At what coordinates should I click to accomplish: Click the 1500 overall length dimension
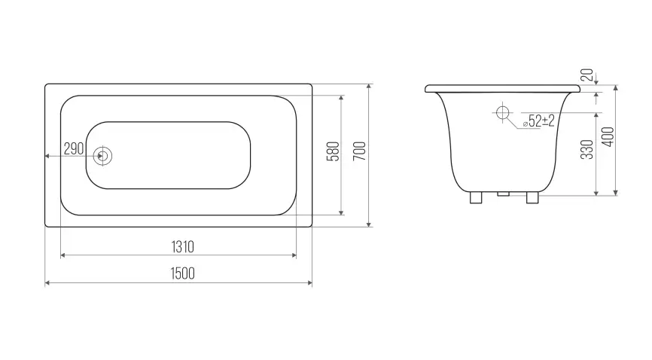[182, 273]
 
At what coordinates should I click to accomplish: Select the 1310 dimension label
[182, 247]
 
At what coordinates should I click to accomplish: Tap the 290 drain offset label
[74, 148]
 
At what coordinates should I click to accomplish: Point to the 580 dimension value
[333, 151]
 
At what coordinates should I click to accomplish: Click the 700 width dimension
[360, 151]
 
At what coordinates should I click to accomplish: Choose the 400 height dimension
[608, 136]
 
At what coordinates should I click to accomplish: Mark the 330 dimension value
[586, 149]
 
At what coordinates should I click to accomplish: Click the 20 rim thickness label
[586, 75]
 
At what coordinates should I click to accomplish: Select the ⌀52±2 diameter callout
[539, 121]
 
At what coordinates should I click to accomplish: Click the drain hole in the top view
[102, 156]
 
